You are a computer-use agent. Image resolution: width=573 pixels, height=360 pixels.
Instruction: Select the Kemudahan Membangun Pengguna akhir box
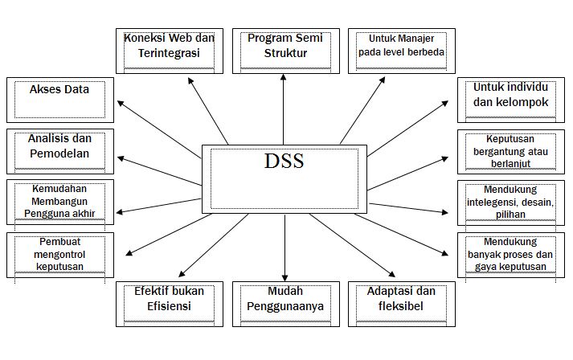[59, 201]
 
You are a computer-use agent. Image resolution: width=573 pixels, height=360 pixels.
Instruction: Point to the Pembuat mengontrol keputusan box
[59, 254]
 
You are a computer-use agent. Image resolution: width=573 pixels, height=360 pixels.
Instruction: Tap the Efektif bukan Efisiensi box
[170, 303]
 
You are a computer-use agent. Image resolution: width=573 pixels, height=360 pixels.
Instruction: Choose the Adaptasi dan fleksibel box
[399, 303]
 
